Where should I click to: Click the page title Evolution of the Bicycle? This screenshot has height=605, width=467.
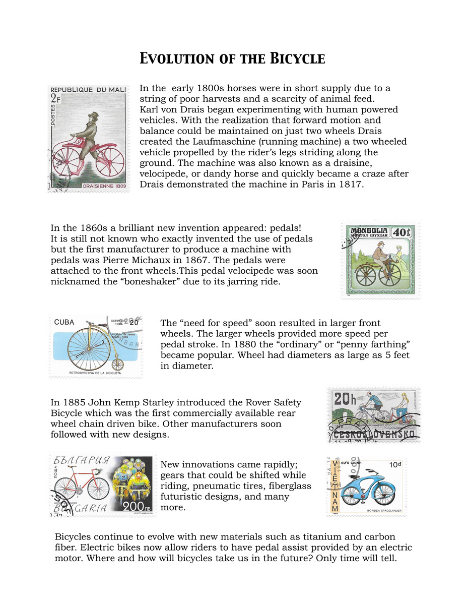232,58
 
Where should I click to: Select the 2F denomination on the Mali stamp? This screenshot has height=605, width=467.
55,99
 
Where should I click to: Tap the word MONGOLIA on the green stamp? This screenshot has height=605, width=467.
369,230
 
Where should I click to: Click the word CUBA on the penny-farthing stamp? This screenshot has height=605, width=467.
64,322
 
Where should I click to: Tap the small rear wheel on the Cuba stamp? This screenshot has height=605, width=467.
117,364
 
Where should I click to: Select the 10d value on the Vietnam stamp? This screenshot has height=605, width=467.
394,464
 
